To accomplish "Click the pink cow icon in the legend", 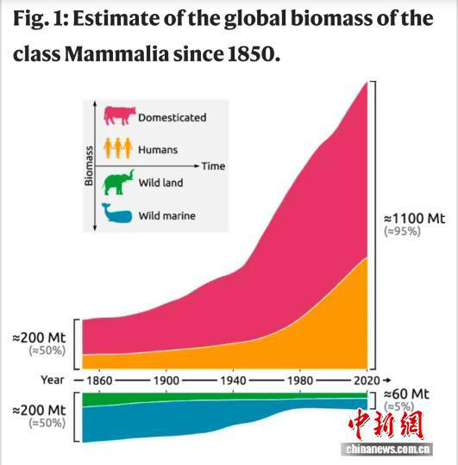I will click(119, 115).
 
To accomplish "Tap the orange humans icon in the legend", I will click(117, 148).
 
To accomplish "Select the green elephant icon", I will click(117, 181).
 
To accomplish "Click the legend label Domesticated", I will click(173, 117).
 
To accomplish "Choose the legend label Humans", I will click(158, 150).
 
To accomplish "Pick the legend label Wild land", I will click(160, 183).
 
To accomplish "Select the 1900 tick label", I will click(166, 379).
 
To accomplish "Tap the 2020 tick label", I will click(367, 379).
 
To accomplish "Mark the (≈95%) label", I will click(403, 232).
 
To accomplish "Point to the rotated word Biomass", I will click(89, 165).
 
